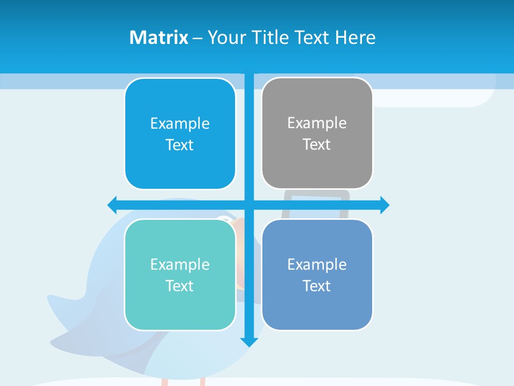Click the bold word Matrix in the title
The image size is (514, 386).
point(159,38)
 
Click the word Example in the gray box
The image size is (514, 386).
point(317,123)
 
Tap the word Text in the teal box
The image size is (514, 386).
point(179,286)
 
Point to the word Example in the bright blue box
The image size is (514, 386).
point(180,124)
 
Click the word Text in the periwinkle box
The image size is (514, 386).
point(317,286)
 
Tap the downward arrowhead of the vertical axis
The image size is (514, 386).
point(249,341)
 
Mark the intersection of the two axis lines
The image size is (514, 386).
point(249,205)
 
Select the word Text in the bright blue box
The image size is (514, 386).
point(179,145)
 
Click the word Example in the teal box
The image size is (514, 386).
point(180,264)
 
